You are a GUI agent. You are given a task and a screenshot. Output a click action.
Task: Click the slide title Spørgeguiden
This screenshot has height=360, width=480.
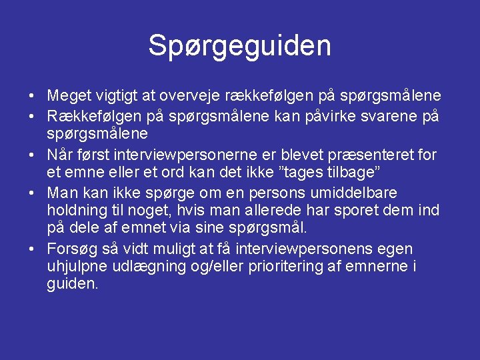(239, 46)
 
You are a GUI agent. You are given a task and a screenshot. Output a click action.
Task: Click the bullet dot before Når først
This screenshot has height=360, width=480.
(33, 155)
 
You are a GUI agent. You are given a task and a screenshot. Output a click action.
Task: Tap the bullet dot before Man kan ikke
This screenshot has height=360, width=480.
(33, 193)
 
